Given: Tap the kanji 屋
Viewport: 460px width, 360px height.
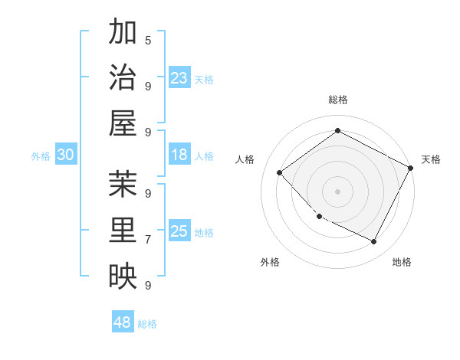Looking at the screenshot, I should [x=123, y=123].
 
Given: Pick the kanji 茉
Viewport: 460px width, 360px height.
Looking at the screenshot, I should [x=123, y=185].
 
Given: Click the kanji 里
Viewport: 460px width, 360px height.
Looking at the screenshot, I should [x=123, y=231].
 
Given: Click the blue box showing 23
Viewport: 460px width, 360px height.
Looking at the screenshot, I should [x=179, y=77].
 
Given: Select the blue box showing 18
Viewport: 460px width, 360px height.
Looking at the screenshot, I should [x=179, y=155].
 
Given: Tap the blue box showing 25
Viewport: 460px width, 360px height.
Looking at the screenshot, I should [x=179, y=231].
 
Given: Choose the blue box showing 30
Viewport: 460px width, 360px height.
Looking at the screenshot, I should [x=66, y=155].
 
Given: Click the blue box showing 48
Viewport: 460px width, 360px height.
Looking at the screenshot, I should [x=123, y=322].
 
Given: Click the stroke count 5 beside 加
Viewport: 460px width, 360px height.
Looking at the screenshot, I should [x=148, y=39].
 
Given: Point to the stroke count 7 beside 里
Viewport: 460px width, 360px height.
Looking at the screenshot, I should [x=148, y=239].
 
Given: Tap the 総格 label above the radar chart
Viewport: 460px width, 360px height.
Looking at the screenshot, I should [x=338, y=100].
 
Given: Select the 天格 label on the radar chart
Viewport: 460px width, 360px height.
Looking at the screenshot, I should [x=431, y=159].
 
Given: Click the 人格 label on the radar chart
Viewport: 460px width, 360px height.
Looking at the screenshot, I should [x=245, y=159].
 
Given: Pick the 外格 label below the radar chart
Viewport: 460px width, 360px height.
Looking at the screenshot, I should [x=270, y=262].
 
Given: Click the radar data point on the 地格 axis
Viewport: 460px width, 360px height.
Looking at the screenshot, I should [x=374, y=242].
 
